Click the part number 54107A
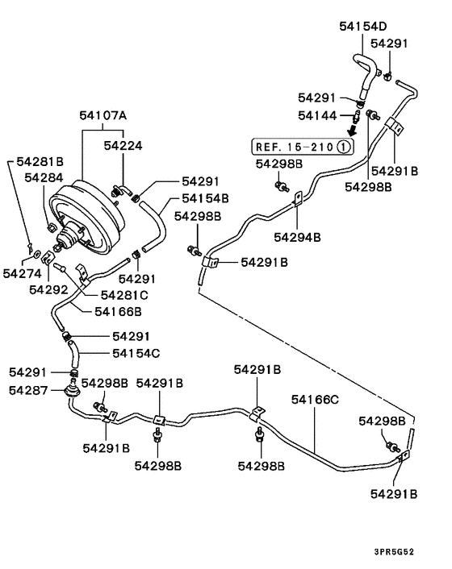pos(103,115)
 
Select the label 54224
pos(123,145)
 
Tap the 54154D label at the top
pos(362,26)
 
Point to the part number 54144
pos(316,116)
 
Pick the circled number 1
pos(343,147)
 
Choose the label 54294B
pos(297,237)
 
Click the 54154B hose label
pos(205,197)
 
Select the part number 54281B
pos(40,162)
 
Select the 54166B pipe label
pos(118,311)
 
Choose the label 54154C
pos(136,353)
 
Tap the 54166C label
pos(315,399)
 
